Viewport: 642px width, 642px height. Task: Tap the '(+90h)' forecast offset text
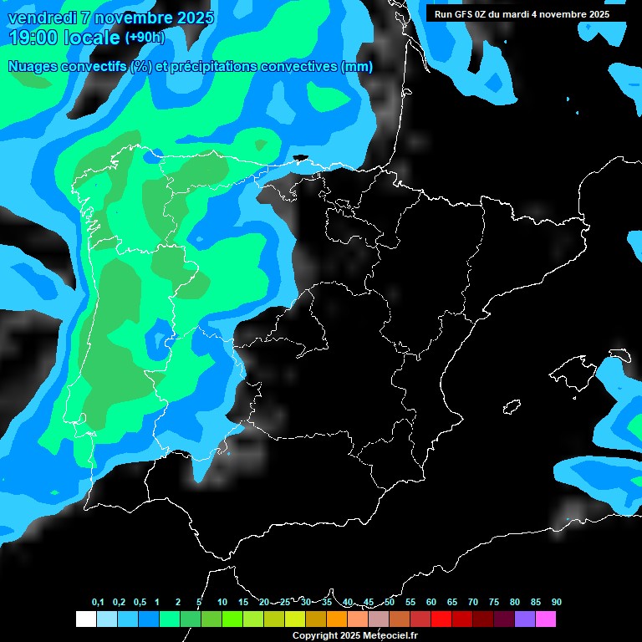[x=145, y=37]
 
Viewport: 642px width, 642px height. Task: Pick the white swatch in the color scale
[x=85, y=619]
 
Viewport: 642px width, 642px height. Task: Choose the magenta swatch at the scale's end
[x=545, y=619]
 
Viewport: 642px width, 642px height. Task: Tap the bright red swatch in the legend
[x=441, y=619]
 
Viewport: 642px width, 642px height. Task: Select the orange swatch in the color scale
[x=336, y=619]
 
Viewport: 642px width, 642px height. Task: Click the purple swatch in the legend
[x=524, y=619]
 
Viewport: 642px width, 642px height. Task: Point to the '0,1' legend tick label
[x=98, y=602]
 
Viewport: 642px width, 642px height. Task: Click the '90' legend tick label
[x=556, y=602]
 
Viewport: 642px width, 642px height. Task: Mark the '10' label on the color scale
[x=222, y=602]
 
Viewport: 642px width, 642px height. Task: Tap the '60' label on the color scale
[x=431, y=602]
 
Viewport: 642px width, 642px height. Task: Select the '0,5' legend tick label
[x=139, y=602]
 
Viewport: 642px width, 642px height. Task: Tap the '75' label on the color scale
[x=493, y=602]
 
